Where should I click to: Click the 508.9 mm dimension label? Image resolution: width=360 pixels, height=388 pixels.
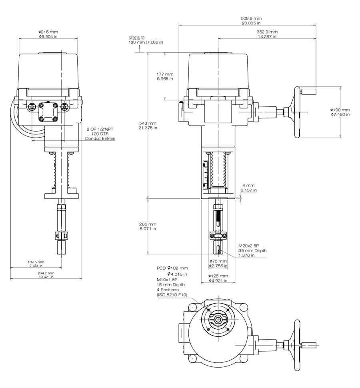[x=251, y=18]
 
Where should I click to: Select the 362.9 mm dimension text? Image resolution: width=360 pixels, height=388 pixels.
[x=267, y=32]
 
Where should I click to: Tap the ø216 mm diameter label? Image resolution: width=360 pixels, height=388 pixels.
[x=48, y=32]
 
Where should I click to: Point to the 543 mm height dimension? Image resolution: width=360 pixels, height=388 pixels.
[x=148, y=123]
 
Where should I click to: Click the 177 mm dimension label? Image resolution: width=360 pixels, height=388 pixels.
[x=165, y=74]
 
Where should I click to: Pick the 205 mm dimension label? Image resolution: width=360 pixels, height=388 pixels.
[x=148, y=224]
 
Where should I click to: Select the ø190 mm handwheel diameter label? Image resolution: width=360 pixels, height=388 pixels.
[x=340, y=110]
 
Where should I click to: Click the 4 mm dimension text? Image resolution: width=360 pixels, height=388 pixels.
[x=248, y=186]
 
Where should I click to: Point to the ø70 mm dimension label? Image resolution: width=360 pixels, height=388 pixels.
[x=218, y=261]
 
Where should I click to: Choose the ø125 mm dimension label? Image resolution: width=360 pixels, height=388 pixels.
[x=218, y=276]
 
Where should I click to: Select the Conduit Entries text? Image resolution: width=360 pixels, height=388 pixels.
[x=100, y=138]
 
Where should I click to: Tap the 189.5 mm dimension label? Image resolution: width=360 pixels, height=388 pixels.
[x=37, y=262]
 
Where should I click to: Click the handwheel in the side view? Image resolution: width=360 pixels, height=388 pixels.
[x=297, y=112]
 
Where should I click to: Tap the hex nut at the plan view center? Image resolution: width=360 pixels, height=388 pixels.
[x=218, y=319]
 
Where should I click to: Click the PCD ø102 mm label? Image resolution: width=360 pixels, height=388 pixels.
[x=172, y=268]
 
